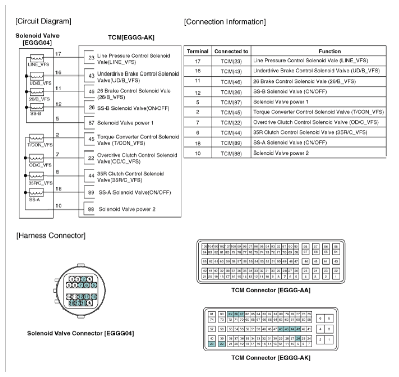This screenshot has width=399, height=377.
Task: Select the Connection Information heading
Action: click(x=224, y=22)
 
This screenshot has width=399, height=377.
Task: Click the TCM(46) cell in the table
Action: click(x=231, y=82)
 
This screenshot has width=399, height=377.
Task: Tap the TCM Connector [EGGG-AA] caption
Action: click(x=270, y=291)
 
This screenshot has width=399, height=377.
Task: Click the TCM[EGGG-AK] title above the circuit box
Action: click(x=131, y=38)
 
